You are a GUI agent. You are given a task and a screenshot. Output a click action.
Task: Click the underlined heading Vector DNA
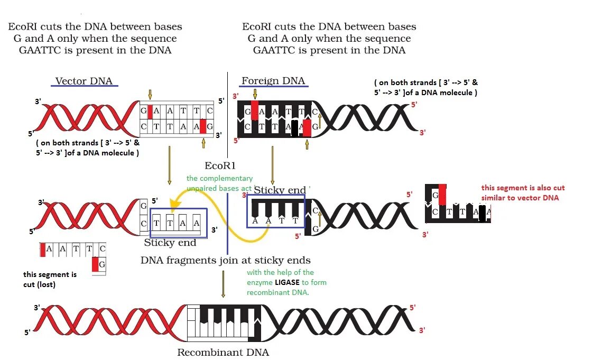(84, 81)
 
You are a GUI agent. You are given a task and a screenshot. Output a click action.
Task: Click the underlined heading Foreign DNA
(273, 81)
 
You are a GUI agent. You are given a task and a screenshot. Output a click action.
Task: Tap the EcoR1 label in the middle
(219, 165)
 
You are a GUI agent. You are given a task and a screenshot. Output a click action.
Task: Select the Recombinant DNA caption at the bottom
(223, 353)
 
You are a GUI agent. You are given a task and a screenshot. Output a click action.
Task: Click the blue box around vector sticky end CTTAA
(179, 223)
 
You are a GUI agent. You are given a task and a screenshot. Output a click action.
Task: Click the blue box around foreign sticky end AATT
(276, 211)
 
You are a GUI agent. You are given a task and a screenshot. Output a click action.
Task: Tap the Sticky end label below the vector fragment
(170, 243)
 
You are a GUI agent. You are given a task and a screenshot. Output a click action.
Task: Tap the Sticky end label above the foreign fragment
(280, 190)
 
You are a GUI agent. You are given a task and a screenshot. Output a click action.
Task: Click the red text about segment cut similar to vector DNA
(523, 192)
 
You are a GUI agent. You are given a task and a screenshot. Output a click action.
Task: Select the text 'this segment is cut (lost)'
(50, 279)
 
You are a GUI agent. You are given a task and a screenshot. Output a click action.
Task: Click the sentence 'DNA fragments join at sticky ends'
(225, 260)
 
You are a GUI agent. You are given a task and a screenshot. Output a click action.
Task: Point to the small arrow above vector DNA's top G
(150, 94)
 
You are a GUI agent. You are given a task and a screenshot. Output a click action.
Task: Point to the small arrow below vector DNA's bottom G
(203, 143)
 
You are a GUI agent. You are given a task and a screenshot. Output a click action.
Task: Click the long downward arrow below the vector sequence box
(169, 165)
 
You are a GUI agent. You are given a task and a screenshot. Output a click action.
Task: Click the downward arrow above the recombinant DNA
(223, 284)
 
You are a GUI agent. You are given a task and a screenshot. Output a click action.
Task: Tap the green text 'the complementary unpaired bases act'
(219, 183)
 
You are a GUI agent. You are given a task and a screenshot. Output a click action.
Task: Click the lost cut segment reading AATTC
(73, 249)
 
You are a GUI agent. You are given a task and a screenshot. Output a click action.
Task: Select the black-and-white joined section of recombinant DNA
(225, 322)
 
